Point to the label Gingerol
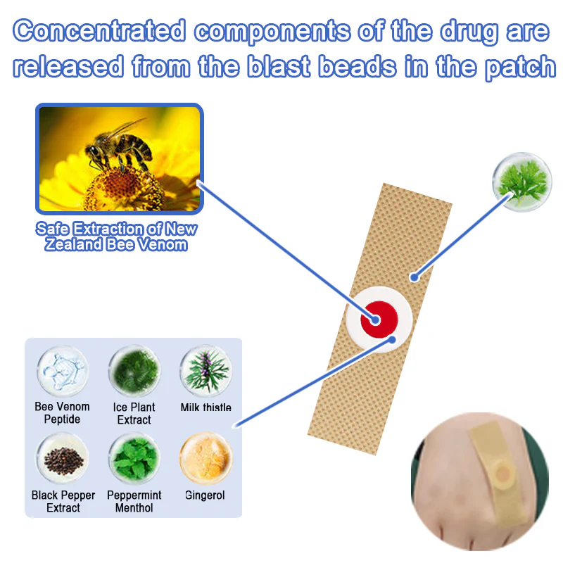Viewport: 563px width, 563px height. (205, 495)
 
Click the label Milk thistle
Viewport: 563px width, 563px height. (205, 407)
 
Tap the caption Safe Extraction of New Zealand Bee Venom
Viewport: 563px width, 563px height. (117, 237)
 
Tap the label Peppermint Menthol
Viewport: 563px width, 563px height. (134, 501)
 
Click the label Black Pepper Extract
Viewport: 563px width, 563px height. (63, 501)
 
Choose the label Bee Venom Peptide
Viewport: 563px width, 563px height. (63, 413)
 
